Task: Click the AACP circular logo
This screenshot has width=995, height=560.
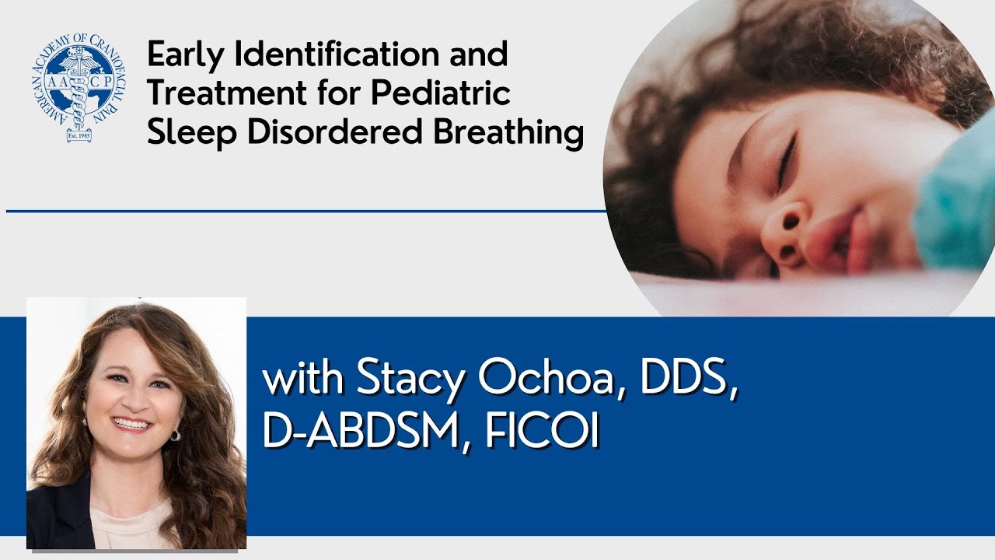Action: coord(76,89)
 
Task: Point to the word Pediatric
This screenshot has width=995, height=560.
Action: coord(440,93)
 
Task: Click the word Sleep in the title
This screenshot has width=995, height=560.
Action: coord(191,132)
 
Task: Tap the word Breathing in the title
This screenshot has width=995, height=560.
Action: coord(508,132)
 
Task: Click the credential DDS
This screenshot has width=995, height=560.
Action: coord(688,380)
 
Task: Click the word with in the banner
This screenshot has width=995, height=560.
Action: coord(304,380)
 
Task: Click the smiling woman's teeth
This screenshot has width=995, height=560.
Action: coord(131,425)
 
